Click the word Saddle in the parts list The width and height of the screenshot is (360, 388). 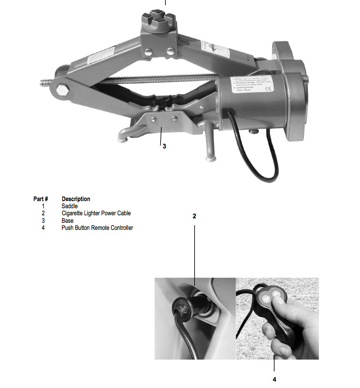coord(69,206)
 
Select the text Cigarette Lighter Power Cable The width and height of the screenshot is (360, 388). coord(96,213)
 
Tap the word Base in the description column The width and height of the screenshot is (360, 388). coord(67,221)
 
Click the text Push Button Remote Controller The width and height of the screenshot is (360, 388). coord(97,228)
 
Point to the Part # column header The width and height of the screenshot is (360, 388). coord(41,199)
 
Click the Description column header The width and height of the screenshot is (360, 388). coord(76,199)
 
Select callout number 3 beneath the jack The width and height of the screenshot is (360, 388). coord(164,146)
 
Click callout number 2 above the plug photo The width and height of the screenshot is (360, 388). coord(194,216)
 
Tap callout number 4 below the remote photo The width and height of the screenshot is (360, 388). coord(274,379)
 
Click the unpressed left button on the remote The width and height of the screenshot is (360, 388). coord(266,298)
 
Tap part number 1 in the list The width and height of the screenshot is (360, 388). coord(43,206)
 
